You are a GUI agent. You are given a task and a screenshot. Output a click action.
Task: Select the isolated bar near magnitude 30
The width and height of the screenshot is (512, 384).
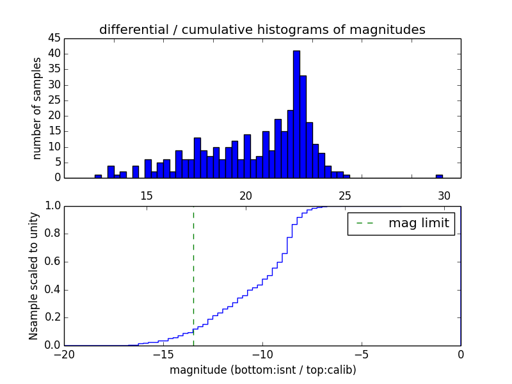click(x=439, y=176)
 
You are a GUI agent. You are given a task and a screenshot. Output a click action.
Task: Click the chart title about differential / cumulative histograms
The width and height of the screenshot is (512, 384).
click(x=262, y=29)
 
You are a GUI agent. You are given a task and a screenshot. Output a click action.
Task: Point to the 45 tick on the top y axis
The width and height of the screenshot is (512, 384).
click(x=54, y=38)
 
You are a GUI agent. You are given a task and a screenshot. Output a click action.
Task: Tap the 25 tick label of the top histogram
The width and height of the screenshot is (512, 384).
click(x=345, y=195)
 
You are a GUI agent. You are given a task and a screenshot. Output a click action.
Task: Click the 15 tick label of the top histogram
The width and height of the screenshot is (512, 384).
click(x=147, y=195)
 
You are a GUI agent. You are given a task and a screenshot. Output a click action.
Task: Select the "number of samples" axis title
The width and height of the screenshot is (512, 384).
click(x=37, y=108)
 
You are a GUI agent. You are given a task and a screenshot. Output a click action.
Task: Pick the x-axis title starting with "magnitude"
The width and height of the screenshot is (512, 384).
click(x=262, y=370)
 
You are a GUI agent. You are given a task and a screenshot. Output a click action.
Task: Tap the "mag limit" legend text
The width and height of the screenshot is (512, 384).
click(x=419, y=223)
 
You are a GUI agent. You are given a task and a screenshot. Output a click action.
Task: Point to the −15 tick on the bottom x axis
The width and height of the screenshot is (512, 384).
click(x=163, y=355)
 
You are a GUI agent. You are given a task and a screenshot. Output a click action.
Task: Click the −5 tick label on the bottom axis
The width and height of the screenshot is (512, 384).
click(x=362, y=355)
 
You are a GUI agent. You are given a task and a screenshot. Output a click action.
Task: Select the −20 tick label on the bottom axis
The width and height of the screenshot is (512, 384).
click(x=64, y=355)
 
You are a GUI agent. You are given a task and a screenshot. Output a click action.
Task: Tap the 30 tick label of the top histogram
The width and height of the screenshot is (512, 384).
click(x=444, y=195)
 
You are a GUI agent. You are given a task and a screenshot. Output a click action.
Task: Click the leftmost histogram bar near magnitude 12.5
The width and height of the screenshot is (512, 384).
click(x=98, y=176)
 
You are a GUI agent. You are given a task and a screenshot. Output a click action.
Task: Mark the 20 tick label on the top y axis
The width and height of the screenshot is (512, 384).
click(x=54, y=116)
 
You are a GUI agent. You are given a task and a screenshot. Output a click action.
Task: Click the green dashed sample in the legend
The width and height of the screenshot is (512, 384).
click(x=365, y=223)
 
